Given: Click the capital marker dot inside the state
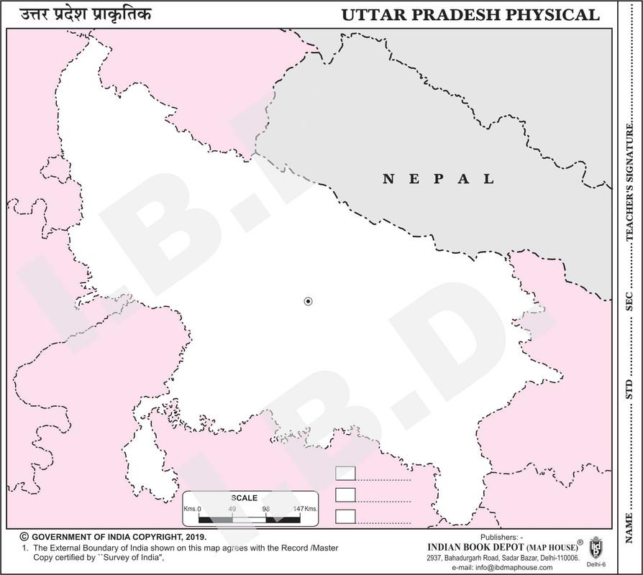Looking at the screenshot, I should click(308, 301).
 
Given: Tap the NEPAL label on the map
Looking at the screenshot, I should click(438, 179).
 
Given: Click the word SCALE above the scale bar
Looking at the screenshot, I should click(244, 497).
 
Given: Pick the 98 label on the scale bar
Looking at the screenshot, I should click(265, 509).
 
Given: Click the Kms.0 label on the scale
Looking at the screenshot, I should click(192, 509).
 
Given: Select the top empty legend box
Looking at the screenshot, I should click(346, 472).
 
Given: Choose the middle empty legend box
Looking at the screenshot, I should click(346, 494).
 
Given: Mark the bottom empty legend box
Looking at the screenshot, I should click(346, 516).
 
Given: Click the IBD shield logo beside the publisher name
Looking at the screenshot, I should click(596, 547).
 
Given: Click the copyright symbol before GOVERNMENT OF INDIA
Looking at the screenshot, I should click(24, 536).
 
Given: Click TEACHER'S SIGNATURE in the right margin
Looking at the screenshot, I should click(629, 190).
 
